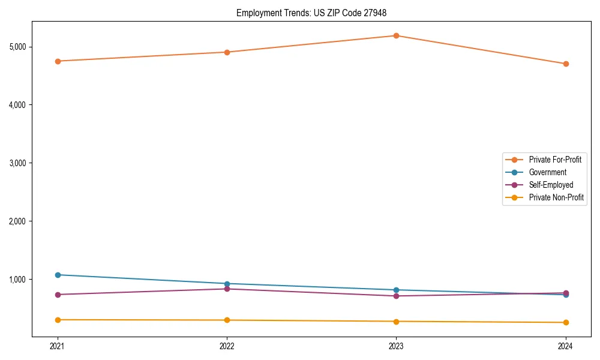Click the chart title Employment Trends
[315, 13]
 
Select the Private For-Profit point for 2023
[396, 35]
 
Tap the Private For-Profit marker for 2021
[58, 61]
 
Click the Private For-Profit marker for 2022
[227, 52]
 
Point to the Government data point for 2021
[58, 275]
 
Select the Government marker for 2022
[227, 284]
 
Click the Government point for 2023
[396, 290]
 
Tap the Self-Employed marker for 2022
[227, 289]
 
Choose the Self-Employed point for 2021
[58, 295]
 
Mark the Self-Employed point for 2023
[396, 296]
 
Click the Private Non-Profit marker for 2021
[58, 320]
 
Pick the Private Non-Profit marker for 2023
[396, 322]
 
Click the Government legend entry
[547, 172]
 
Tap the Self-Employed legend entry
[551, 185]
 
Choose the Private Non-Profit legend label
[556, 197]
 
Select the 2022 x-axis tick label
[227, 346]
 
